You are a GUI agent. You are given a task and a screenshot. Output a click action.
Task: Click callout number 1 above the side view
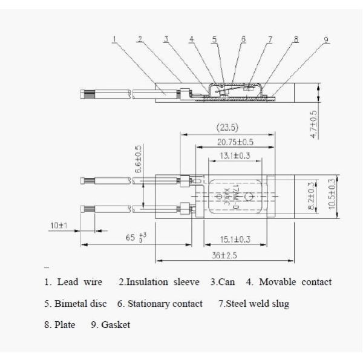[114, 39]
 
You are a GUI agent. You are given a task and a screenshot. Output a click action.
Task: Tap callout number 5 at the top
[214, 39]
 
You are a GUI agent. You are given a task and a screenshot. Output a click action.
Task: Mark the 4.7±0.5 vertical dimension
[313, 125]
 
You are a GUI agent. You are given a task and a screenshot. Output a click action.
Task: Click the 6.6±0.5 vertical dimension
[138, 160]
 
